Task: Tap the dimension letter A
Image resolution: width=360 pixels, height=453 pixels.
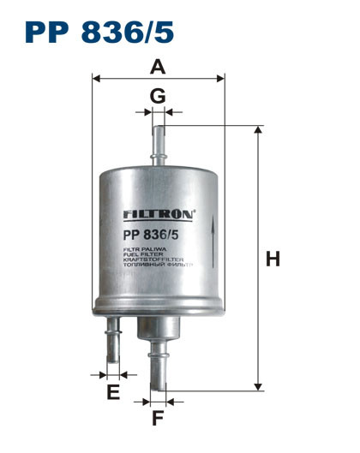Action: point(157,66)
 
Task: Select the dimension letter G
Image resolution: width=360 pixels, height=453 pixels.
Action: point(158,96)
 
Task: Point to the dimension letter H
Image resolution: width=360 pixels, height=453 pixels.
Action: point(273,259)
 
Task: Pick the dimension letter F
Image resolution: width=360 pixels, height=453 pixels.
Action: point(158,419)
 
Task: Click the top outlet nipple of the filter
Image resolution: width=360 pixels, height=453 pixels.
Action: point(158,146)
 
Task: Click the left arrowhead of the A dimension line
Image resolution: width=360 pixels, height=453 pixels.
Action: point(96,78)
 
